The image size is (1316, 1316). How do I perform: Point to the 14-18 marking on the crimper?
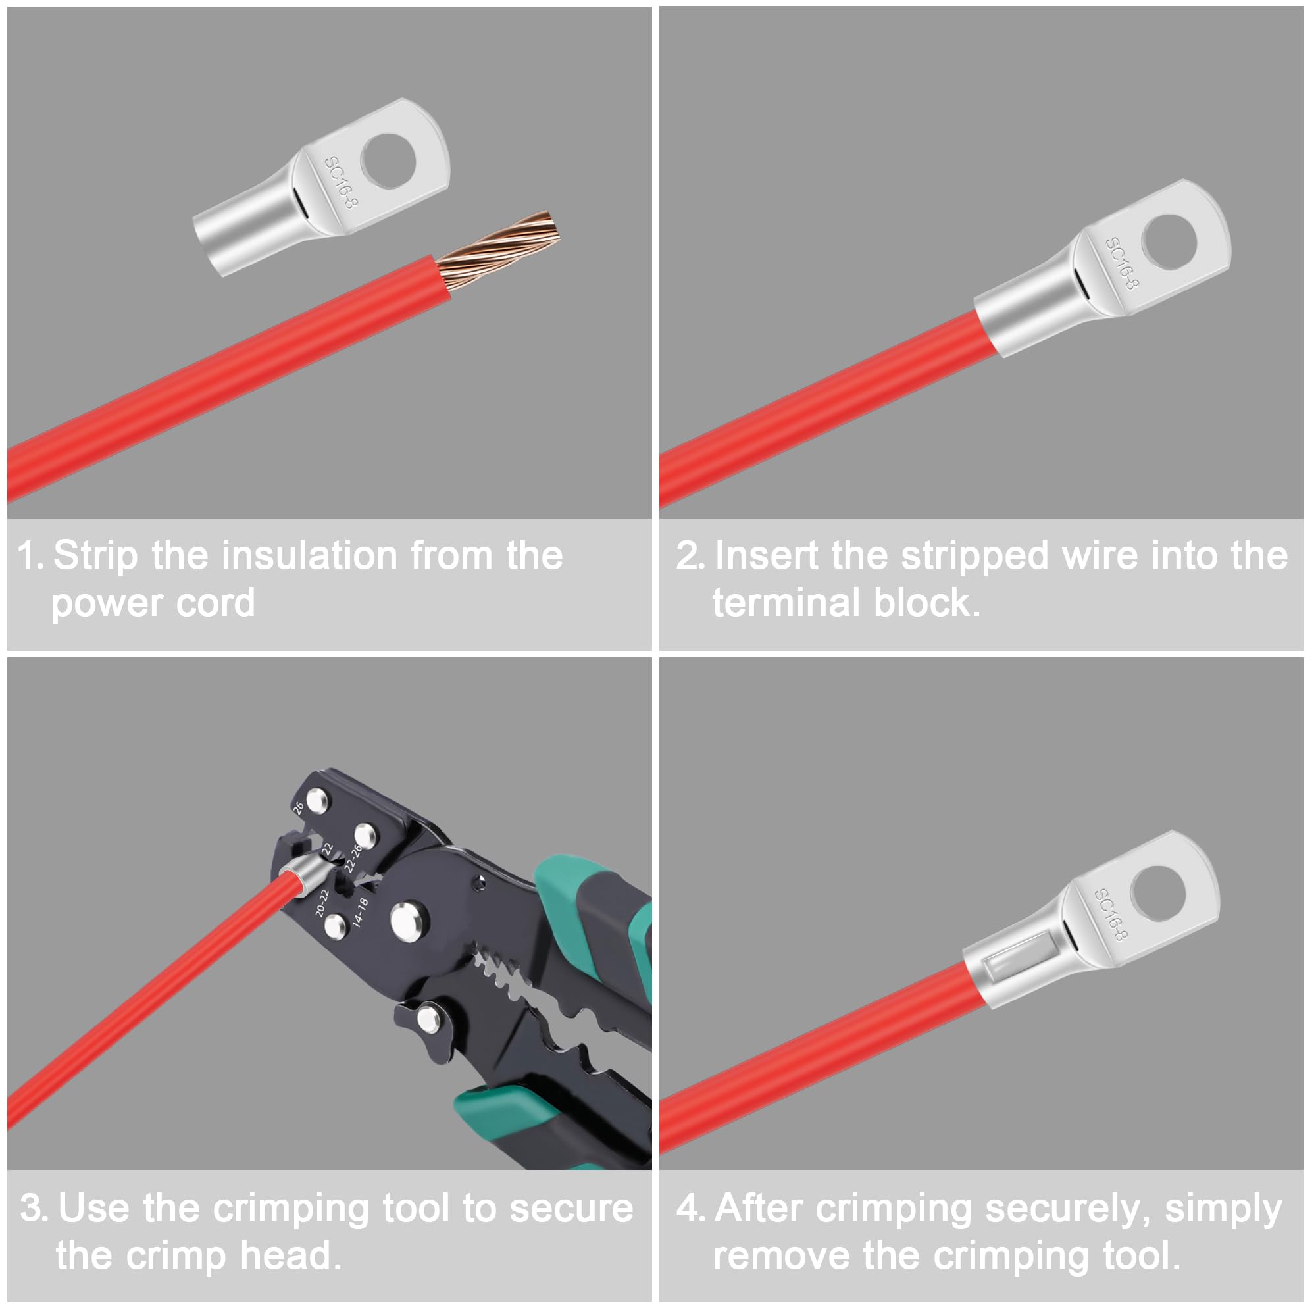[x=361, y=912]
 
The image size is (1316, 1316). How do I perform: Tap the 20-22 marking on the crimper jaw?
[x=322, y=902]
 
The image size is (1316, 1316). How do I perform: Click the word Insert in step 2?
[x=767, y=555]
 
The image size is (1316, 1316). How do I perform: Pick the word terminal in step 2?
[x=786, y=603]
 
